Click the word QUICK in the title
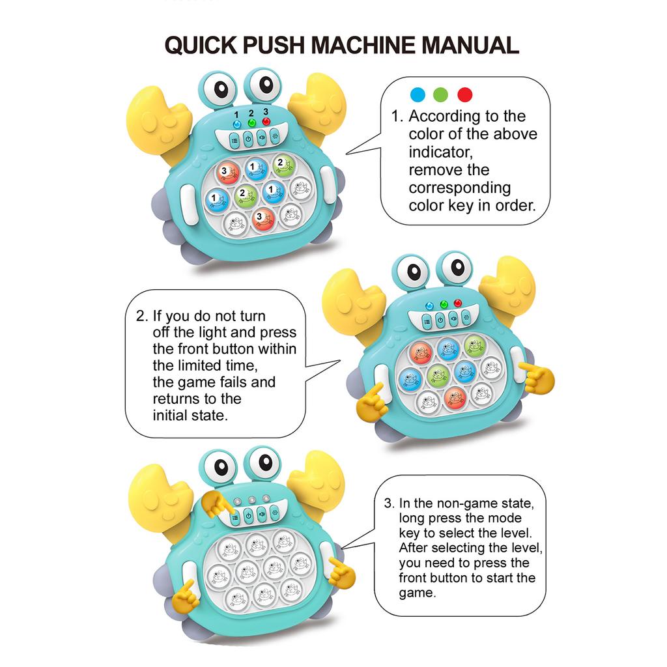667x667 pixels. [201, 45]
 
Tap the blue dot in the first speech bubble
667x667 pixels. [418, 94]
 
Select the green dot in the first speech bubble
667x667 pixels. [441, 94]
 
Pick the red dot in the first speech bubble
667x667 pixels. [465, 94]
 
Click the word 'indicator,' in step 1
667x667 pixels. [441, 152]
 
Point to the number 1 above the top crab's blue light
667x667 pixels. [236, 115]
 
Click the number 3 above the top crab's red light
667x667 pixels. [266, 111]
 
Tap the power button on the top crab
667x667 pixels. [248, 139]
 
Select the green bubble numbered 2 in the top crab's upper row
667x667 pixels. [283, 165]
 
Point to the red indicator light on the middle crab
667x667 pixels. [458, 303]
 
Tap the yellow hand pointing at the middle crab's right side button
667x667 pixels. [537, 376]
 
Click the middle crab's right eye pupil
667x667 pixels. [458, 267]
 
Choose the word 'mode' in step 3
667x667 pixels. [505, 518]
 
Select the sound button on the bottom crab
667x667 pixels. [262, 515]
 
